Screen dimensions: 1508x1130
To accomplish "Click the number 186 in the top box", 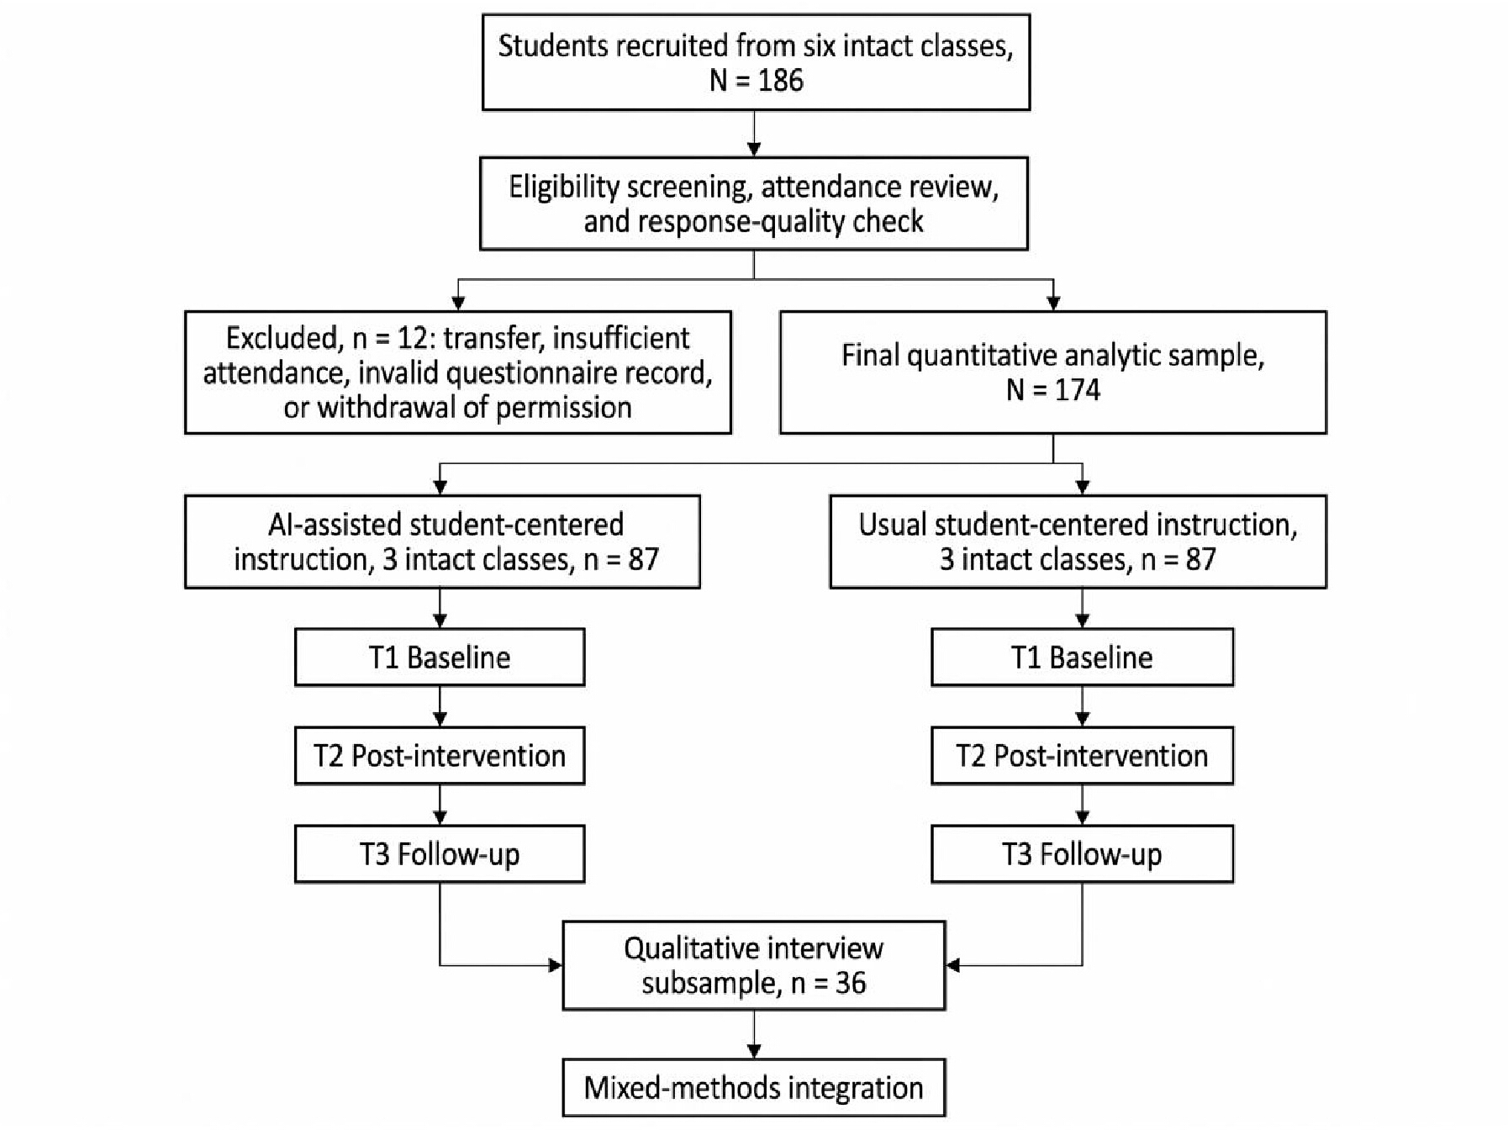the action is [x=780, y=81].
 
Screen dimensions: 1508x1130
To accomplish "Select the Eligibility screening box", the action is [x=754, y=203].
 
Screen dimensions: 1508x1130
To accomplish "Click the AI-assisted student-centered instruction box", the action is [x=442, y=541].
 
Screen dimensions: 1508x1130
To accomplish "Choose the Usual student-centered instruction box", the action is [x=1078, y=541].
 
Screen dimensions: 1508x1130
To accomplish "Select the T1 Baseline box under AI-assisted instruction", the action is [x=440, y=657].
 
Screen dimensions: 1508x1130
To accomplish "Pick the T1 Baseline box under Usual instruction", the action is [x=1083, y=657].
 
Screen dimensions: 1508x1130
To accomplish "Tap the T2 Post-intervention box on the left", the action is [x=440, y=756].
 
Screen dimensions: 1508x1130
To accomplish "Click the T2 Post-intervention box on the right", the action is [x=1083, y=756].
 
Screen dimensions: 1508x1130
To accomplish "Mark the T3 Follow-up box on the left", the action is [x=440, y=854].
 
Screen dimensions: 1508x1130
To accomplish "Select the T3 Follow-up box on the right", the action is [x=1083, y=854].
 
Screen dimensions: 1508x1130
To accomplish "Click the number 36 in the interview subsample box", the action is [x=851, y=983].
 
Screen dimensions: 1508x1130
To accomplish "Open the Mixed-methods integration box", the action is [x=754, y=1088].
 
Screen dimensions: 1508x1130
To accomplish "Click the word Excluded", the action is [x=282, y=339].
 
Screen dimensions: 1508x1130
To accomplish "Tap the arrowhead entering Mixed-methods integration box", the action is [x=754, y=1051].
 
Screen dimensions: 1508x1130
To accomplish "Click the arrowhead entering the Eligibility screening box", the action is [x=754, y=149].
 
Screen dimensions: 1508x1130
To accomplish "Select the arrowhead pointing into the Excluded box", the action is [x=458, y=304].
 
